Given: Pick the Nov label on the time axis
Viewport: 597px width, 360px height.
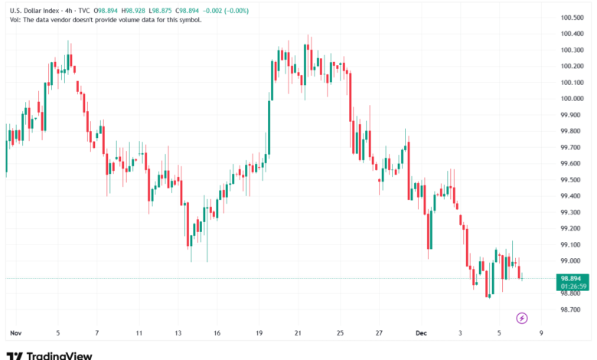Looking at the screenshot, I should pos(15,333).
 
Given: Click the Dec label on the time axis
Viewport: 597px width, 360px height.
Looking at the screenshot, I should pos(420,333).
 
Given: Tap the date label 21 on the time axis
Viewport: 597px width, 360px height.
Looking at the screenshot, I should pos(298,333).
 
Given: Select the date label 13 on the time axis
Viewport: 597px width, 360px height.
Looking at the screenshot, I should pos(178,333).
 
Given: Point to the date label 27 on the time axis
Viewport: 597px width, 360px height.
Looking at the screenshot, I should pos(380,333).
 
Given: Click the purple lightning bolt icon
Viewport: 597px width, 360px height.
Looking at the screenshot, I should pos(522,317).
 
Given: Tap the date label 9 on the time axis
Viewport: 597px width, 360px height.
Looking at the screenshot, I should pos(542,333).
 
